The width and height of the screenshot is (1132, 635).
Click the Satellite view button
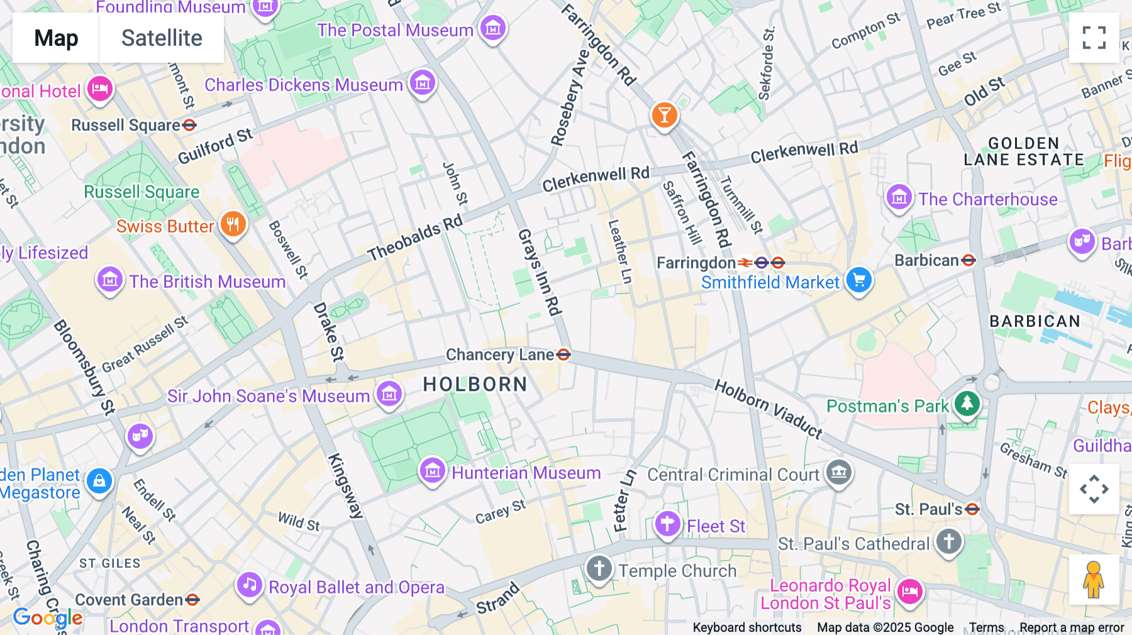pos(162,38)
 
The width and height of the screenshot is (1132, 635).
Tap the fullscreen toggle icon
pos(1094,38)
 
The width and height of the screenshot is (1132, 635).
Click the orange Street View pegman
pos(1094,580)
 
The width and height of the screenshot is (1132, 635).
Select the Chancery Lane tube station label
pos(500,355)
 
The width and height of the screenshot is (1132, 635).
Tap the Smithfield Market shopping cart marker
pos(859,280)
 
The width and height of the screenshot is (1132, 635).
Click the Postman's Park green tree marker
pos(967,404)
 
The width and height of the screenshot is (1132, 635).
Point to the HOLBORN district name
pos(475,384)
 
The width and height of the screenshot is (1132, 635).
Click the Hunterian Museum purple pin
pos(433,470)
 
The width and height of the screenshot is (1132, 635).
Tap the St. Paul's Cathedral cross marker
pos(949,541)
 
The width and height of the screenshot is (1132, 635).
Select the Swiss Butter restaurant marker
pos(233,224)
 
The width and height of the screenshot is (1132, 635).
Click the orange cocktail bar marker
pos(664,115)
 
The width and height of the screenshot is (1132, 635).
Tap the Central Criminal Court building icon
pos(839,472)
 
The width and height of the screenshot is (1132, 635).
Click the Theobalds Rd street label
pos(415,238)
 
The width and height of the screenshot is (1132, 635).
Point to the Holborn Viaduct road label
pos(769,409)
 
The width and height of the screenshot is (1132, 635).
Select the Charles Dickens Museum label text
pos(304,85)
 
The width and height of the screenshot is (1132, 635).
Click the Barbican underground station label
pos(927,260)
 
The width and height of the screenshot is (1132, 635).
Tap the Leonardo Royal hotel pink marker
pos(910,591)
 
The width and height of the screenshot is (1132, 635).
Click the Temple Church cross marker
pos(599,569)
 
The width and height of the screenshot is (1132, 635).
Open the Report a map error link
pos(1072,627)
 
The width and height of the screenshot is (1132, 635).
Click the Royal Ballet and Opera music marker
pos(250,585)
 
